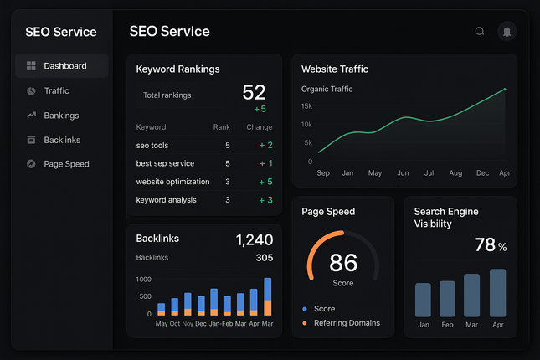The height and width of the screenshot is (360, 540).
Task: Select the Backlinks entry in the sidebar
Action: (x=61, y=140)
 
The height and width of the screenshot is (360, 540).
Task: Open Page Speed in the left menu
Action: (x=65, y=164)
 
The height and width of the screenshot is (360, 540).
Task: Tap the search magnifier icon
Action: (x=480, y=32)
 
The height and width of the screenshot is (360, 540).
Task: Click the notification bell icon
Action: (x=507, y=32)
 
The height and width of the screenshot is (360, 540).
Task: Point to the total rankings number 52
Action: (x=253, y=93)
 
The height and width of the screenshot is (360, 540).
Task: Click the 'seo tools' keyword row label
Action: (x=152, y=146)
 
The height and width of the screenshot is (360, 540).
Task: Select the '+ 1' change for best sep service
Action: (x=265, y=163)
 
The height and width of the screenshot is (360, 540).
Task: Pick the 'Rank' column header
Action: (x=221, y=127)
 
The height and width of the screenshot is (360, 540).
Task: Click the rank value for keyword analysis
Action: (x=227, y=200)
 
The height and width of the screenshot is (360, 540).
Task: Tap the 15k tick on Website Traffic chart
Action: (x=306, y=106)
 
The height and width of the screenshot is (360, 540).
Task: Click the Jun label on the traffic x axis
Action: (x=403, y=173)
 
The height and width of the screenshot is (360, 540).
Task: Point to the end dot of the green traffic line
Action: (x=505, y=89)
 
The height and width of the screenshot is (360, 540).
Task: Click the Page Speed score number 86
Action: (x=343, y=263)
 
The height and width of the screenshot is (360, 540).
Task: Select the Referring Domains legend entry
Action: (x=346, y=323)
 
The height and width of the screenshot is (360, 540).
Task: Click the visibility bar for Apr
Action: (x=497, y=293)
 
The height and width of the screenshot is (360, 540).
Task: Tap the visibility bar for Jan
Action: (x=423, y=300)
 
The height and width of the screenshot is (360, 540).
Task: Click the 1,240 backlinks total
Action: (x=254, y=240)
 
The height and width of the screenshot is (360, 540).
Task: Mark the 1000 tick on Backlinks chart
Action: (x=143, y=280)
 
